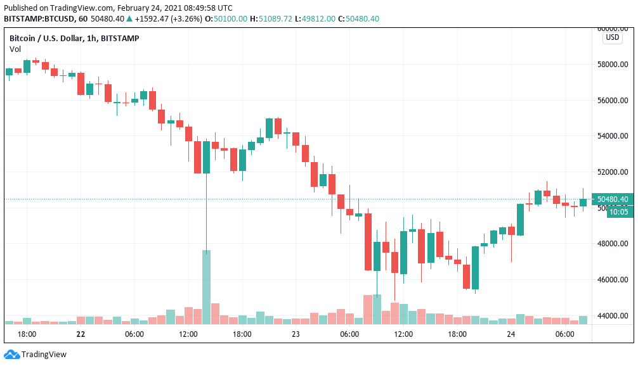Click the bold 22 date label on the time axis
tap(81, 334)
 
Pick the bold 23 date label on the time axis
tap(296, 334)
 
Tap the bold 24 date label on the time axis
tap(511, 334)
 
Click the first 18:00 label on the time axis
tap(27, 334)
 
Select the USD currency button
tap(613, 37)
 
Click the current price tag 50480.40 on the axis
tap(612, 199)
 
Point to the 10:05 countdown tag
tap(618, 212)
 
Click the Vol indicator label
tap(15, 49)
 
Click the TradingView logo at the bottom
tap(36, 355)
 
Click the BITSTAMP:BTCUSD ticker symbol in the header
tap(38, 19)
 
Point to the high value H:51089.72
tap(271, 19)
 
